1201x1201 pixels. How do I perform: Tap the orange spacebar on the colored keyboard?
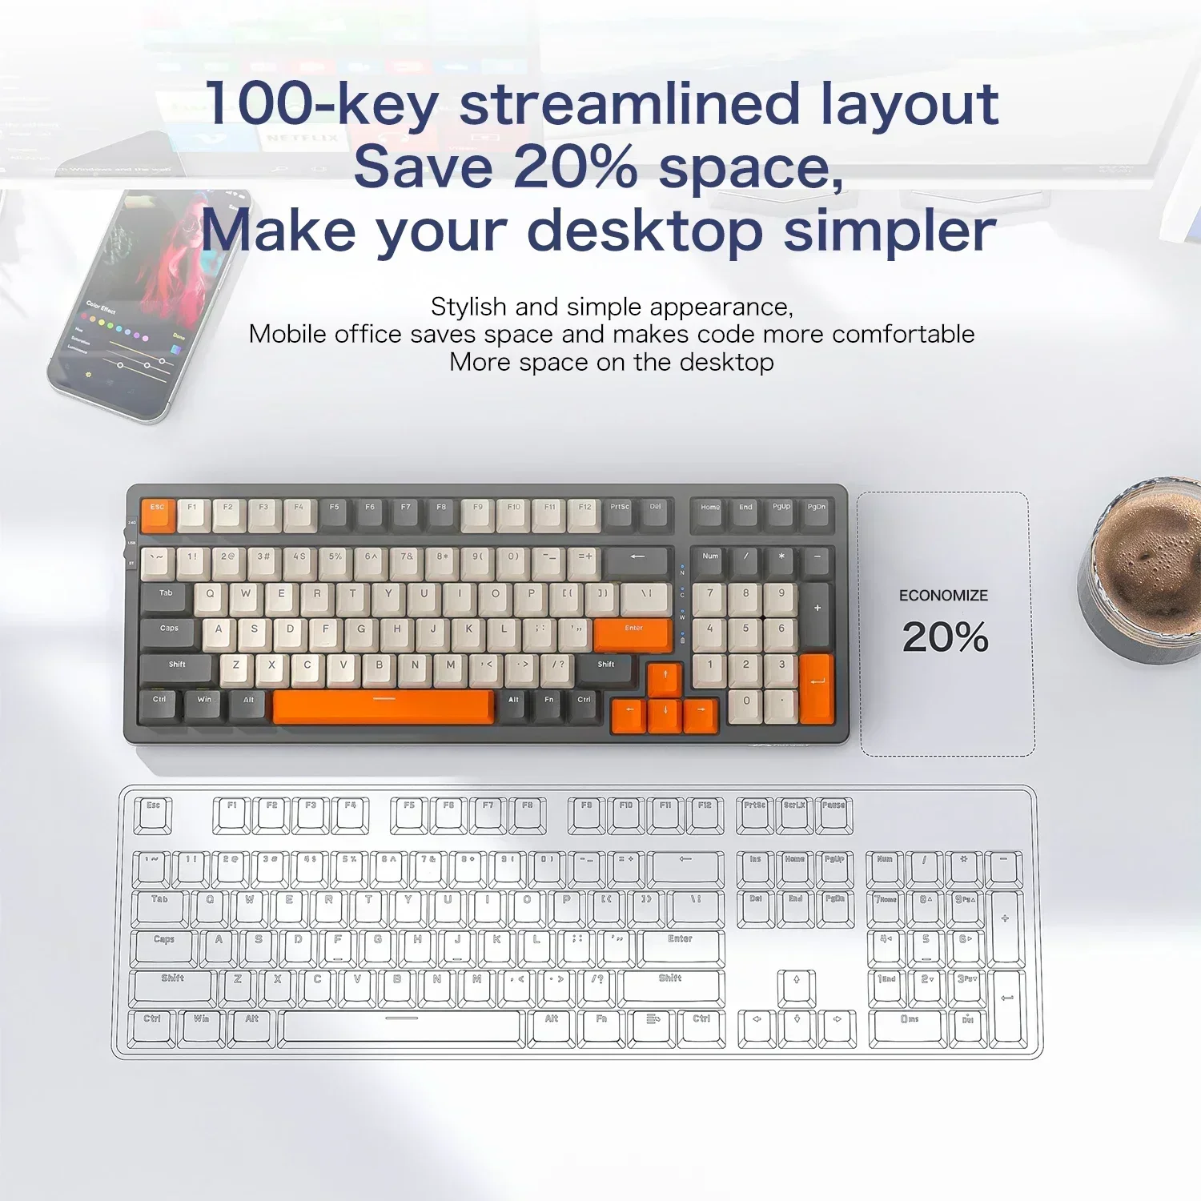coord(384,706)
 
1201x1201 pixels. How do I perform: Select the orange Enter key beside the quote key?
coord(633,635)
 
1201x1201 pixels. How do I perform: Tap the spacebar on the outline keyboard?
coord(402,1027)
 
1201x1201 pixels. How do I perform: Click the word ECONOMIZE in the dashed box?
coord(943,596)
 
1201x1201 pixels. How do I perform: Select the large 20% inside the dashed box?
coord(945,637)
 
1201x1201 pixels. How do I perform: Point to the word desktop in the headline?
coord(645,231)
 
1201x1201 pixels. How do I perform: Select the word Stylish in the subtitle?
coord(468,307)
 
